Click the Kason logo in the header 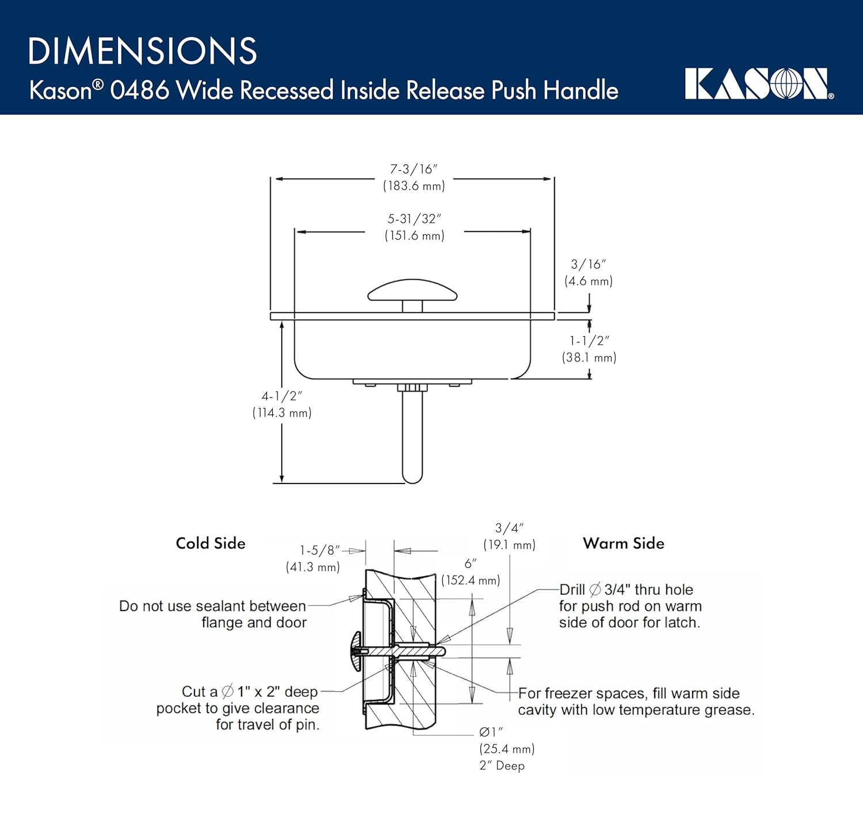758,84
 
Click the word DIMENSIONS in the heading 143,51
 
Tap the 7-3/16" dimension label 414,177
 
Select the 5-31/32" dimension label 414,227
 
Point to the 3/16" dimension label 588,272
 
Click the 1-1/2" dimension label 589,349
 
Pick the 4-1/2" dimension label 282,404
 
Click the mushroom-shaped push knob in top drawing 413,291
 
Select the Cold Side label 211,543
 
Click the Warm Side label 624,543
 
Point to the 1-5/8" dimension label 314,558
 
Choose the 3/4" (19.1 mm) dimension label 509,536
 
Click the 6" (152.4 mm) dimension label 471,572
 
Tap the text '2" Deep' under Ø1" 502,765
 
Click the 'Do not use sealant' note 213,614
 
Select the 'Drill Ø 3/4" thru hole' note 630,606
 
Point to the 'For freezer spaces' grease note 636,702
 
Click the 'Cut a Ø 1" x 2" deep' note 238,708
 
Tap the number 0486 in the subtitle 140,90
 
